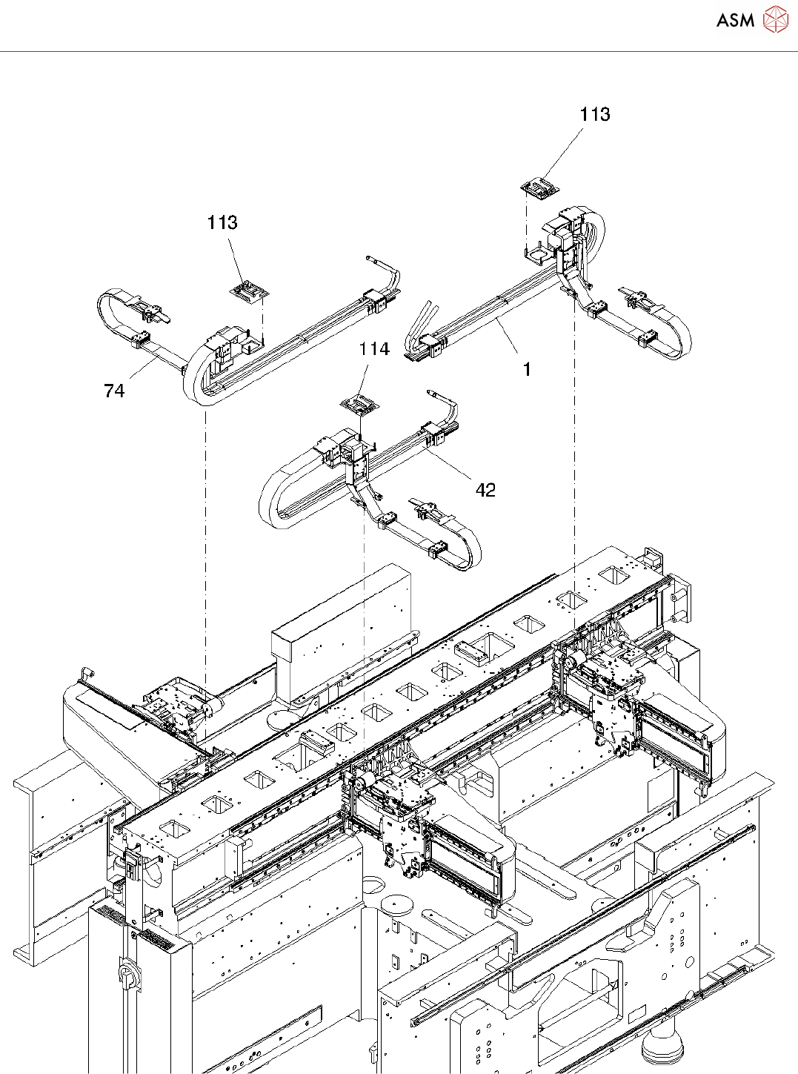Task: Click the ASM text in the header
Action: (x=735, y=20)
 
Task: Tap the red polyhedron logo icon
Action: (x=777, y=20)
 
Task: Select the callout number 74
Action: (x=114, y=391)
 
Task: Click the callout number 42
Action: (x=485, y=490)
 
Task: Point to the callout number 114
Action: (x=374, y=348)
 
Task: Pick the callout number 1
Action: (x=528, y=369)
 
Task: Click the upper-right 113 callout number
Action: (x=595, y=114)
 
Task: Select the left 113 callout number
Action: (x=223, y=223)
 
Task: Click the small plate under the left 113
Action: (x=249, y=292)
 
